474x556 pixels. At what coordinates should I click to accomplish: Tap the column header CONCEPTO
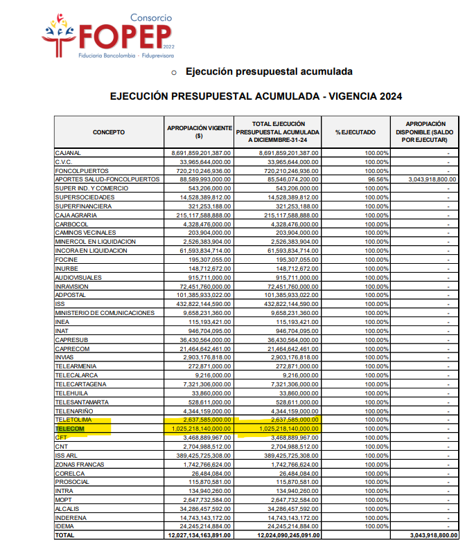(x=109, y=132)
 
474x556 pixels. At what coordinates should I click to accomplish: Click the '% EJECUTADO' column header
(x=355, y=132)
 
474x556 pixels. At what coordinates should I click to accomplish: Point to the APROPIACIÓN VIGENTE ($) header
(x=199, y=132)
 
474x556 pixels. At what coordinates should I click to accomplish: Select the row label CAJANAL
(x=68, y=152)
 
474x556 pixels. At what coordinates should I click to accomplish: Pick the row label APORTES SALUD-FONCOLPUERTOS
(x=107, y=179)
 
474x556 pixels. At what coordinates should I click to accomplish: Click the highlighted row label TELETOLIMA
(x=74, y=420)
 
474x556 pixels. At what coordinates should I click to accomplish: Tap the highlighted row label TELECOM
(x=69, y=429)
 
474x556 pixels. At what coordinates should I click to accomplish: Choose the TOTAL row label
(x=64, y=535)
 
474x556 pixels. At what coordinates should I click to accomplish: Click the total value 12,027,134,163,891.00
(x=199, y=535)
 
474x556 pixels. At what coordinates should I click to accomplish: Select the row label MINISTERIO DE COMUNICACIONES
(x=105, y=313)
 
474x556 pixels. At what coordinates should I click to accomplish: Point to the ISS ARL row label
(x=67, y=455)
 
